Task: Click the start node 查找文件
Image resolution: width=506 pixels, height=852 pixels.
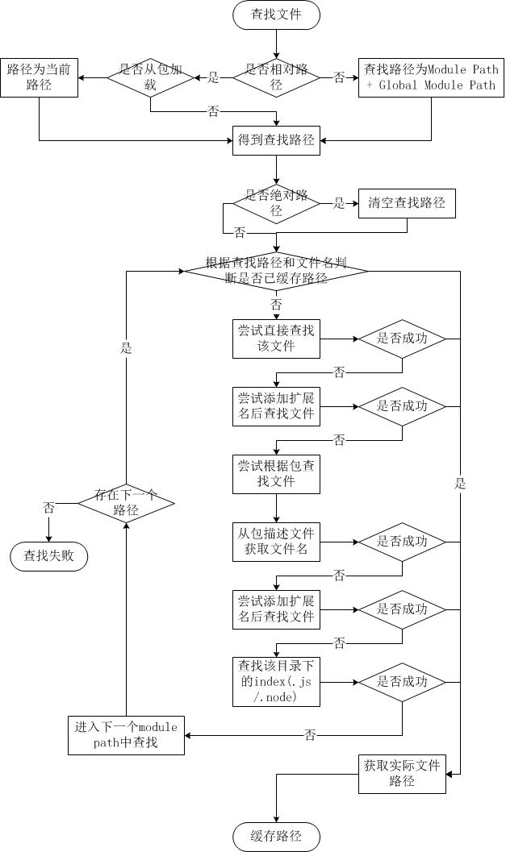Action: pyautogui.click(x=276, y=15)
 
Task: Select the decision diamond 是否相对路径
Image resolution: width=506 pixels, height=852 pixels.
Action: pyautogui.click(x=276, y=77)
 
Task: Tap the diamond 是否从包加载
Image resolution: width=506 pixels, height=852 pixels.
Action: pyautogui.click(x=150, y=77)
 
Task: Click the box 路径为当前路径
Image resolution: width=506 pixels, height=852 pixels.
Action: pyautogui.click(x=39, y=77)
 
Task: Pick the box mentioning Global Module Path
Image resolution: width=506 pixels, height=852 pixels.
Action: pyautogui.click(x=431, y=77)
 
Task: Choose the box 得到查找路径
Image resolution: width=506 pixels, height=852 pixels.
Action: pyautogui.click(x=276, y=140)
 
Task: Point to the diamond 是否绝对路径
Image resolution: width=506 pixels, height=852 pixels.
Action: pyautogui.click(x=276, y=203)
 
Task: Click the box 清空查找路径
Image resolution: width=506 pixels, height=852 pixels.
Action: pyautogui.click(x=407, y=203)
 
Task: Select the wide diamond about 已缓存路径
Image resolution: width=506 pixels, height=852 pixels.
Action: pyautogui.click(x=276, y=271)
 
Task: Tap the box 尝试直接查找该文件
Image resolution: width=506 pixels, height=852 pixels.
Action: pyautogui.click(x=276, y=339)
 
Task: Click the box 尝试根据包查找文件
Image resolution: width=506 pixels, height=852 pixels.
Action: pyautogui.click(x=276, y=474)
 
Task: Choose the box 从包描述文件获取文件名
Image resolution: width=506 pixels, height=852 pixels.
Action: pyautogui.click(x=276, y=542)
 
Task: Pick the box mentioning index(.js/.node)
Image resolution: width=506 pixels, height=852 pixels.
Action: pyautogui.click(x=276, y=682)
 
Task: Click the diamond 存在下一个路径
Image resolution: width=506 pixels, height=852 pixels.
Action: pyautogui.click(x=126, y=503)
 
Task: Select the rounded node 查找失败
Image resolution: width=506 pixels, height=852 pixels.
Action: pyautogui.click(x=49, y=556)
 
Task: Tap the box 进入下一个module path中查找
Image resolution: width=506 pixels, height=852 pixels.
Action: pyautogui.click(x=126, y=735)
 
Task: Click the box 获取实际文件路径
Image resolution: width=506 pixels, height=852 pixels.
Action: pyautogui.click(x=402, y=774)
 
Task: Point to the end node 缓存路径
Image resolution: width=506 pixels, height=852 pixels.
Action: pyautogui.click(x=276, y=837)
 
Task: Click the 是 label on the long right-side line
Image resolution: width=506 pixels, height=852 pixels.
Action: pyautogui.click(x=461, y=484)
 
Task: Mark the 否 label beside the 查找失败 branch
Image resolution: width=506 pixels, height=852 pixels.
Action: pyautogui.click(x=49, y=508)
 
